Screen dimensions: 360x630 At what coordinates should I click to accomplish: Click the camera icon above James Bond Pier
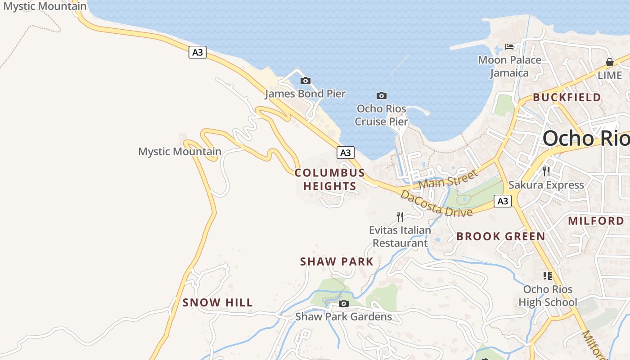tap(306, 81)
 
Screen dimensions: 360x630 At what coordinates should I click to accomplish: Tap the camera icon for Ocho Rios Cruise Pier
tap(382, 95)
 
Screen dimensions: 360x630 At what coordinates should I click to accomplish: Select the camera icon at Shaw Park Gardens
tap(344, 304)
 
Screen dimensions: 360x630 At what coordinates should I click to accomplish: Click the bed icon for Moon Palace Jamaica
tap(509, 47)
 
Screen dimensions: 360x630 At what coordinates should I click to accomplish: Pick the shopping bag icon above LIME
tap(610, 62)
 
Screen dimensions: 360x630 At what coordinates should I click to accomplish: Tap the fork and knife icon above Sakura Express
tap(546, 171)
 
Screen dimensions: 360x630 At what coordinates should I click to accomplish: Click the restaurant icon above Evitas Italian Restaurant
tap(400, 217)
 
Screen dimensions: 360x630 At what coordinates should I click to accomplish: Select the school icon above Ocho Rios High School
tap(548, 275)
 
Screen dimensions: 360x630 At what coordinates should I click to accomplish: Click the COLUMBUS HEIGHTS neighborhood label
tap(330, 180)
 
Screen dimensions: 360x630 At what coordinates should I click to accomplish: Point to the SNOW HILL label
tap(218, 303)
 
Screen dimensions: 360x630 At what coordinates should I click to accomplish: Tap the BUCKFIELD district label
tap(567, 97)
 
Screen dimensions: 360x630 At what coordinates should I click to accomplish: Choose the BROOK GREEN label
tap(501, 236)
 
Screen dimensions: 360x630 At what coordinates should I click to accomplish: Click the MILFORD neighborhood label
tap(596, 220)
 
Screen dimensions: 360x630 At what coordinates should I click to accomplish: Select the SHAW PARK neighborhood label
tap(337, 261)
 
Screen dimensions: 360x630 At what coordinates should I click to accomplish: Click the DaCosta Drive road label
tap(436, 203)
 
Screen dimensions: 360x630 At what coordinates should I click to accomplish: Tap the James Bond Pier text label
tap(305, 94)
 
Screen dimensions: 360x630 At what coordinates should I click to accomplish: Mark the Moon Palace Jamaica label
tap(509, 66)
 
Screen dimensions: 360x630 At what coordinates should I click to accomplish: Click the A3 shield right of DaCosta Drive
tap(503, 201)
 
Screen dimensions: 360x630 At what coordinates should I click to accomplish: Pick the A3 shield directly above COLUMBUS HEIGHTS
tap(345, 153)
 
